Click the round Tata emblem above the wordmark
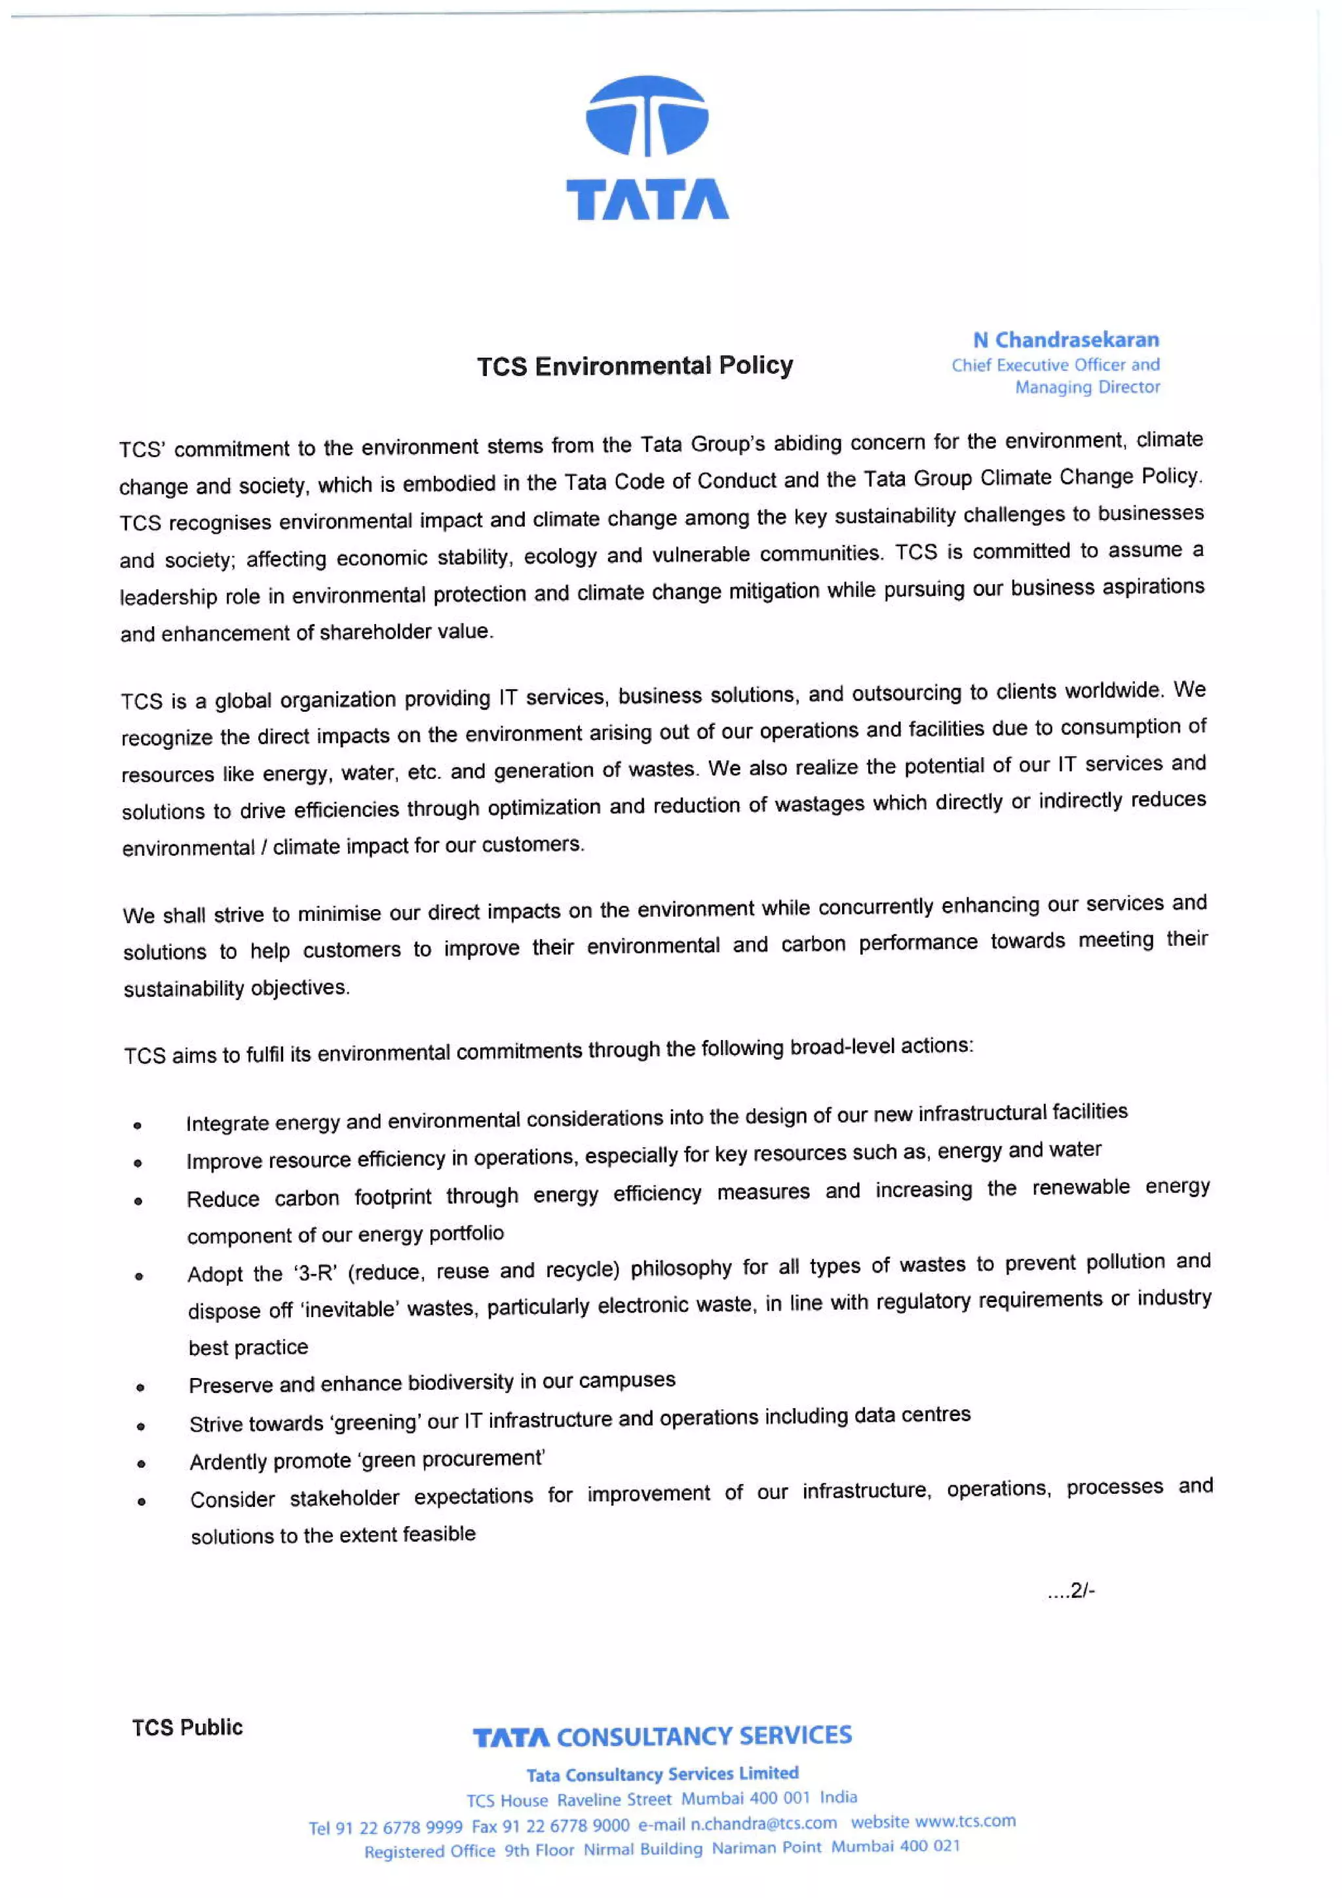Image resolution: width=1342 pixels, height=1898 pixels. click(x=647, y=116)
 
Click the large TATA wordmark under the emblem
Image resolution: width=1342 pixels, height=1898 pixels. click(x=647, y=199)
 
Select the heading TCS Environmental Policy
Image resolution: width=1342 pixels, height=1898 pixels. click(x=634, y=365)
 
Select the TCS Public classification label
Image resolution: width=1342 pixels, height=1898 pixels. click(x=187, y=1727)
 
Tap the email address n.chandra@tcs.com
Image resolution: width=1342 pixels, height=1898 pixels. click(x=763, y=1823)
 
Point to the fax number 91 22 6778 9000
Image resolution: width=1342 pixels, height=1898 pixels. click(x=566, y=1825)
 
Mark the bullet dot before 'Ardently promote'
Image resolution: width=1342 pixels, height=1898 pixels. click(x=142, y=1464)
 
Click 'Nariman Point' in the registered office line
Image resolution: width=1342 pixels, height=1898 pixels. click(x=767, y=1848)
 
